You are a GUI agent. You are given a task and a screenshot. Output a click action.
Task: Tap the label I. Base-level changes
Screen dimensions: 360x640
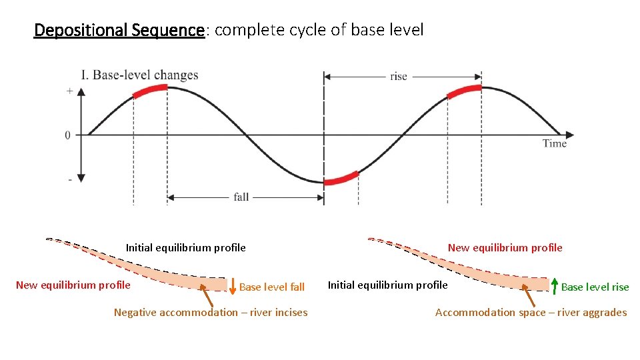pos(139,75)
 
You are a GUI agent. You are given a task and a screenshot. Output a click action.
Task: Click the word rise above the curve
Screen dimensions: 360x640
pos(399,77)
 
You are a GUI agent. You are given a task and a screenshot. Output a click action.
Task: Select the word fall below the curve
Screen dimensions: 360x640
pos(241,197)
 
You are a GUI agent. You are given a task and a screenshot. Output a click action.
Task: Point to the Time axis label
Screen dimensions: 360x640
pos(554,143)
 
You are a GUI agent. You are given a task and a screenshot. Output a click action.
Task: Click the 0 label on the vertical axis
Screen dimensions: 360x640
pos(68,135)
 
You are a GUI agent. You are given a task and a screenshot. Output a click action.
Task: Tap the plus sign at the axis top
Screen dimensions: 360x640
pos(69,91)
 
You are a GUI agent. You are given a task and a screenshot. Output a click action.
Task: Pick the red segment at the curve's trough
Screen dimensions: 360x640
pos(341,178)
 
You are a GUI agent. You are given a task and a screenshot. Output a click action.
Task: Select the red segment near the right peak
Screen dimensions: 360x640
pos(464,90)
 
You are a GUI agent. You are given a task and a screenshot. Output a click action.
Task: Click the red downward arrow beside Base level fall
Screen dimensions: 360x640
pos(232,286)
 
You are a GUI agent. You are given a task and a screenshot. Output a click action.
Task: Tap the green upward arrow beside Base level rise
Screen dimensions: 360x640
pos(554,285)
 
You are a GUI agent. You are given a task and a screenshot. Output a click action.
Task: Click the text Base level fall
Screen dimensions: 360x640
pos(271,287)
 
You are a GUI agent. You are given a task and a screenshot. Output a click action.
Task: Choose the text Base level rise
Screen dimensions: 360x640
pos(595,287)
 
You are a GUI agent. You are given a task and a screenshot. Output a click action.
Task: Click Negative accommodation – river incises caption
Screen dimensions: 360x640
pos(211,312)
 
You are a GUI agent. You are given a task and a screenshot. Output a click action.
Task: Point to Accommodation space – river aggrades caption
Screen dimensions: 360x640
pos(531,312)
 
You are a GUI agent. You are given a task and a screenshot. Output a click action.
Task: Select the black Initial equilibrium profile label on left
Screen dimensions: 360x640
pos(185,248)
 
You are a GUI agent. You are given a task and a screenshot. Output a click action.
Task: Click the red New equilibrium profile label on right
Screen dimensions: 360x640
pos(505,248)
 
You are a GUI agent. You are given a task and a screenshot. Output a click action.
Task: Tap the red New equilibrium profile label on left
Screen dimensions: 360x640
pos(73,285)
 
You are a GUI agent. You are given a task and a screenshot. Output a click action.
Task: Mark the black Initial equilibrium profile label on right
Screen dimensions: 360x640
pos(387,285)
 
